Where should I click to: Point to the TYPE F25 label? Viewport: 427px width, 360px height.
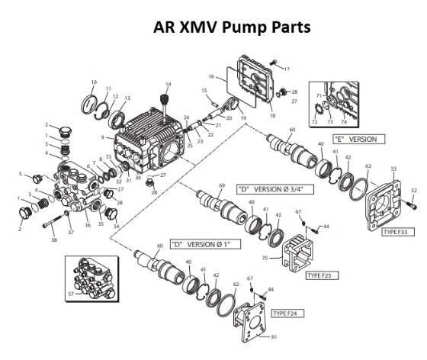(x=322, y=275)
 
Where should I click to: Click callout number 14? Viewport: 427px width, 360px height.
(x=169, y=83)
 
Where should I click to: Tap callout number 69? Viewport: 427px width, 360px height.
(x=222, y=185)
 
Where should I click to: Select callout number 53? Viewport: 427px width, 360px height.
(x=393, y=167)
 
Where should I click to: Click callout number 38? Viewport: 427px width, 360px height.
(x=53, y=239)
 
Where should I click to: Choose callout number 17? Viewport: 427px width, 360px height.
(x=287, y=69)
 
